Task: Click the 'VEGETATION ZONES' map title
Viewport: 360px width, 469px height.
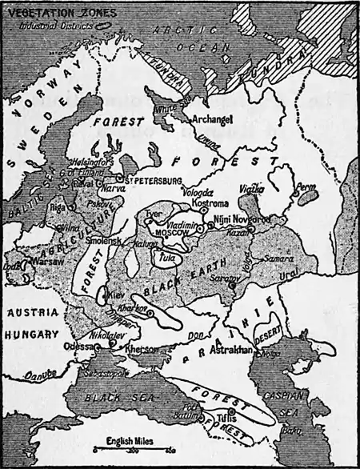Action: pos(50,13)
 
